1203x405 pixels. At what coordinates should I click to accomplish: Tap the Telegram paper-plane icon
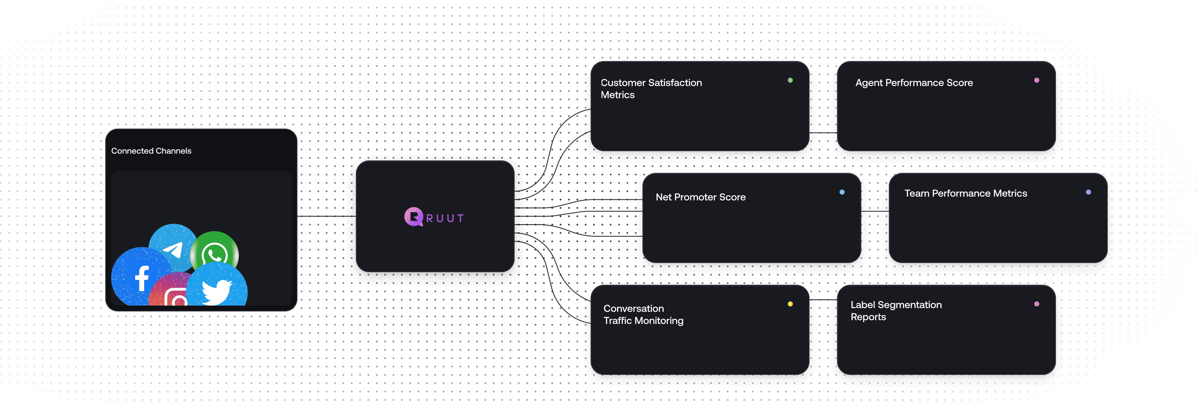coord(173,248)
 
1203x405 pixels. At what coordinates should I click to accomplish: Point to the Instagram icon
coord(173,294)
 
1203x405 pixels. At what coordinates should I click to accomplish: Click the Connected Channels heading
coord(151,151)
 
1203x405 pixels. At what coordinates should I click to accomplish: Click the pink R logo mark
coord(413,217)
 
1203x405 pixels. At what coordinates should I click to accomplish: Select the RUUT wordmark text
coord(445,218)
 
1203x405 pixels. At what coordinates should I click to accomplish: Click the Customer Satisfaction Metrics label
coord(651,89)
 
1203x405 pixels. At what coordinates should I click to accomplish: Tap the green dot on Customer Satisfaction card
coord(790,80)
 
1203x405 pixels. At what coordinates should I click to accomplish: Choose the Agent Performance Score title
coord(914,82)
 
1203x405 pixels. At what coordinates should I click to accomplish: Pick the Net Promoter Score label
coord(700,197)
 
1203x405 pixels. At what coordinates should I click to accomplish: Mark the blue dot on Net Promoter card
coord(842,192)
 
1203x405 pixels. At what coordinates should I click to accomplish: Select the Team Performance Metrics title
coord(966,193)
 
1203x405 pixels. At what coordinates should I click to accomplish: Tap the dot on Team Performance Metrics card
coord(1088,192)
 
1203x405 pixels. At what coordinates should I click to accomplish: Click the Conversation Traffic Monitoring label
coord(643,315)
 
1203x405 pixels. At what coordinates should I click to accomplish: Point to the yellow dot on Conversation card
coord(790,304)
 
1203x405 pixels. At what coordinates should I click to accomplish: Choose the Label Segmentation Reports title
coord(896,311)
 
